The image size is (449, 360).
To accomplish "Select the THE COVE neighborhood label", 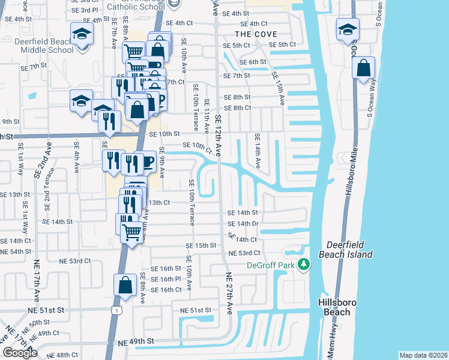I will (256, 34).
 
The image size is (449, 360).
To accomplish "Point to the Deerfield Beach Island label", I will (349, 250).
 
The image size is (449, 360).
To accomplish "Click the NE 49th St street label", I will (136, 341).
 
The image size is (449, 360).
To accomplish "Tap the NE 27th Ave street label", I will (229, 293).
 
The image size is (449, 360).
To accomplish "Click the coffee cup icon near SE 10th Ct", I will (147, 161).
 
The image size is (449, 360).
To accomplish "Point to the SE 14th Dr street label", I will (243, 223).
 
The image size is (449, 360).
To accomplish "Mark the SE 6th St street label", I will (253, 62).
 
